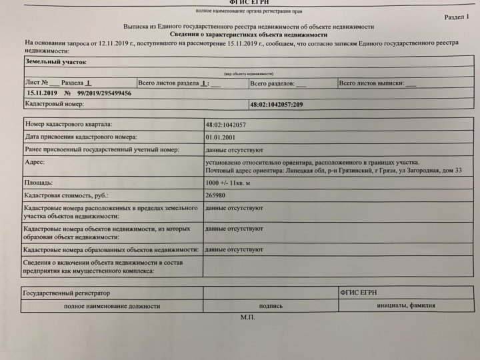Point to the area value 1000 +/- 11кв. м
pos(231,182)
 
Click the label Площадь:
pos(38,182)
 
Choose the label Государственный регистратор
pos(66,293)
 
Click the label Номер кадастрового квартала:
pos(69,124)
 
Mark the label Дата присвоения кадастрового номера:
pos(80,137)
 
